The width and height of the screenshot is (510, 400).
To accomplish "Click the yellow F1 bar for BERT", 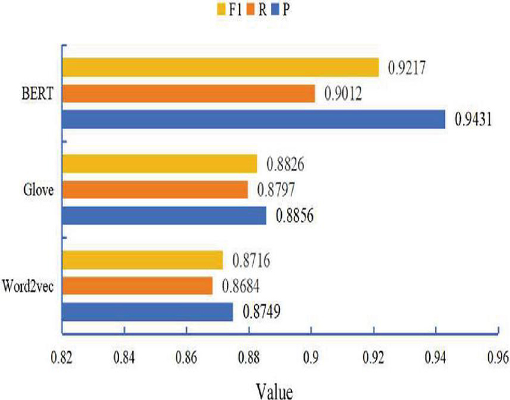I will coord(220,68).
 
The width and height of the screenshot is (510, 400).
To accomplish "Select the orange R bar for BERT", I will coord(189,94).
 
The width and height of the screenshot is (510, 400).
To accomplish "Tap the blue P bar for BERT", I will coord(254,119).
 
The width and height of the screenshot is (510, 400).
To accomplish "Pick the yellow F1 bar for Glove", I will coord(159,164).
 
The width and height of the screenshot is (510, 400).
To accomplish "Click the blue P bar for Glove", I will coord(164,216).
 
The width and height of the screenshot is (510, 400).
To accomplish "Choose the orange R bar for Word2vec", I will coord(137,286).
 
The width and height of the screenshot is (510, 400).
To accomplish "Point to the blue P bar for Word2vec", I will coord(147,312).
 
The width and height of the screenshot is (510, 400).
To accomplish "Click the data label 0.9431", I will coord(472,120).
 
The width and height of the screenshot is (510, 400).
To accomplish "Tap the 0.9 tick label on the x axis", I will coord(310,355).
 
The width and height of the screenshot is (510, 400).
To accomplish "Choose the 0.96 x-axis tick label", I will coord(497,355).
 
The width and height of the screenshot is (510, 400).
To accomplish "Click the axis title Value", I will coord(274,387).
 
